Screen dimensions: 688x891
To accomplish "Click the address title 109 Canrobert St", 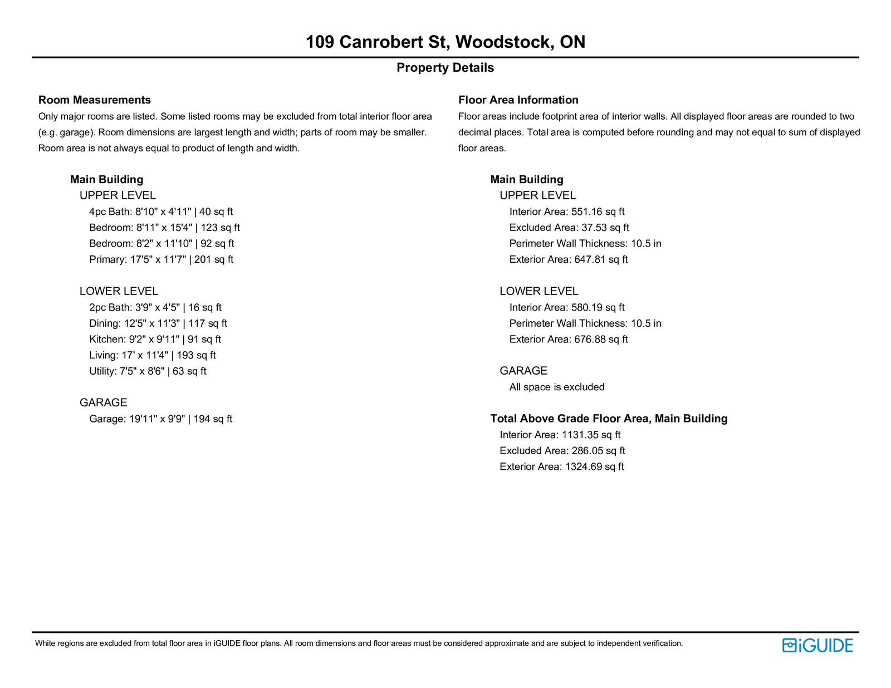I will pyautogui.click(x=445, y=42).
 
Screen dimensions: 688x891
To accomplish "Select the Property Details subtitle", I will pyautogui.click(x=445, y=68).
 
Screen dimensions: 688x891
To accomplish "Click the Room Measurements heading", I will pyautogui.click(x=95, y=100).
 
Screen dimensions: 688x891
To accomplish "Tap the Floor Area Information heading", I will pyautogui.click(x=518, y=100).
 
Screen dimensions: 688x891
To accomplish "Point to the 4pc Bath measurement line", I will pyautogui.click(x=161, y=212).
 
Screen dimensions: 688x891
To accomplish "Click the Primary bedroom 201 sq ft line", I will pyautogui.click(x=161, y=260).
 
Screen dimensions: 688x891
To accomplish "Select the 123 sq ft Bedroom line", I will pyautogui.click(x=164, y=228).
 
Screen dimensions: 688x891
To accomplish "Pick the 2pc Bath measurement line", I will pyautogui.click(x=155, y=308).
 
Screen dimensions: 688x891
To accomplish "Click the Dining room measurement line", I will pyautogui.click(x=158, y=323).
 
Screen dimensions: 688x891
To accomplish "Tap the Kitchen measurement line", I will pyautogui.click(x=155, y=340).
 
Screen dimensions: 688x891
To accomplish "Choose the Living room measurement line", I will pyautogui.click(x=153, y=356).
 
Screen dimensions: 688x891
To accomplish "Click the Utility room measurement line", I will pyautogui.click(x=148, y=371).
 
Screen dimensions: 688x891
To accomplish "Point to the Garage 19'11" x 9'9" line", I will pyautogui.click(x=160, y=419).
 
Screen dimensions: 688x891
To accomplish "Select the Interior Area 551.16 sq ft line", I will pyautogui.click(x=567, y=212).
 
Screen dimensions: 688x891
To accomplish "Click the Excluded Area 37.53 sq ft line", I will pyautogui.click(x=569, y=228).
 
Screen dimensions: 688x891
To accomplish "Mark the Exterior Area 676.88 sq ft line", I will pyautogui.click(x=569, y=340).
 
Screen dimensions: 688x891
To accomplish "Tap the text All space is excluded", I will pyautogui.click(x=557, y=387).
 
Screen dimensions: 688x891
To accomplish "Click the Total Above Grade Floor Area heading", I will pyautogui.click(x=609, y=419).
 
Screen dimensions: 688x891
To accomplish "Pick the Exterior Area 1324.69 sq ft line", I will pyautogui.click(x=562, y=467).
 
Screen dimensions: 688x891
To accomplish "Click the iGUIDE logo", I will pyautogui.click(x=817, y=645).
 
